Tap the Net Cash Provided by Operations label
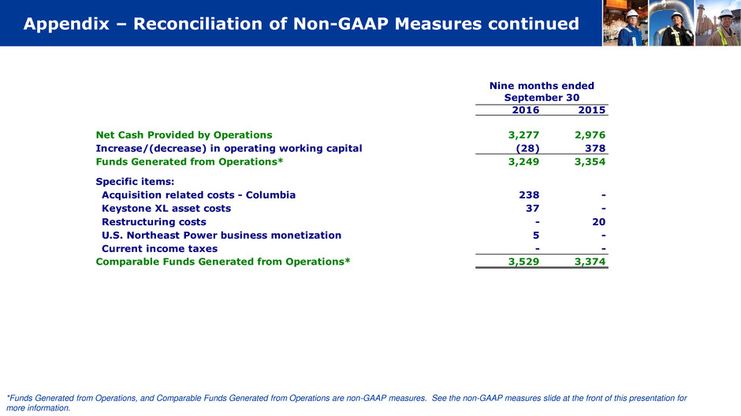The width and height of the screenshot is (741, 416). coord(184,135)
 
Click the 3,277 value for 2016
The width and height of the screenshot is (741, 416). coord(523,135)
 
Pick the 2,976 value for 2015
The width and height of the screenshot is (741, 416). coord(590,135)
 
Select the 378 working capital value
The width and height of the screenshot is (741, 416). coord(594,148)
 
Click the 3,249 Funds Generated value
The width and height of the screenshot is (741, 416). coord(523,162)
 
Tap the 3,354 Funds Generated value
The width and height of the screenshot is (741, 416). coord(590,162)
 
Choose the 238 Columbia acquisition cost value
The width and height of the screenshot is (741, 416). coord(528,195)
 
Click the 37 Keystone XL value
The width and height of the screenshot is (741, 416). coord(532,208)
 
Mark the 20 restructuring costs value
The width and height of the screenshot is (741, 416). coord(598,221)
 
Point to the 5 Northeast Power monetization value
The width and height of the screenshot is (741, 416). coord(536,235)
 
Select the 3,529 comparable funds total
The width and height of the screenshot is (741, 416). coord(523,262)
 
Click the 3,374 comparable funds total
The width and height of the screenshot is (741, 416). coord(590,262)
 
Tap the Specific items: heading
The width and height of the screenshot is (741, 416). coord(135,181)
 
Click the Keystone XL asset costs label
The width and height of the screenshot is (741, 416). coord(166,208)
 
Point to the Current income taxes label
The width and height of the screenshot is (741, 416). coord(159,248)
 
